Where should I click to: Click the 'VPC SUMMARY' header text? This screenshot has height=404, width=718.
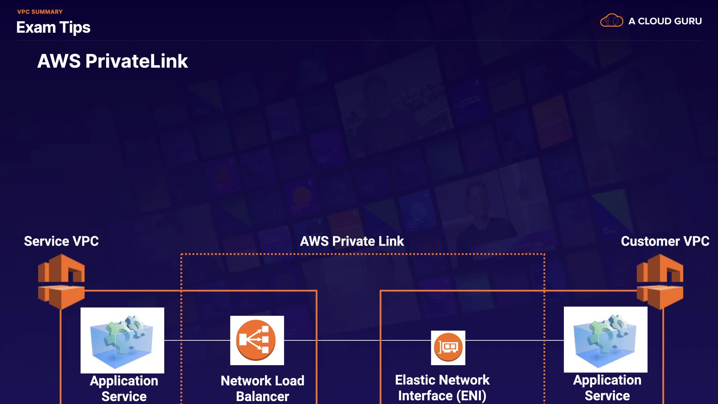40,12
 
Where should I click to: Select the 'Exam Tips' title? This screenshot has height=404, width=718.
53,27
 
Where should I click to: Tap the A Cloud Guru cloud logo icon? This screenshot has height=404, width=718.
611,21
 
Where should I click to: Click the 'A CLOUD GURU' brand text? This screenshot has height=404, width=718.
665,21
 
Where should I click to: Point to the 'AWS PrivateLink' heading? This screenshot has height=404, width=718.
113,61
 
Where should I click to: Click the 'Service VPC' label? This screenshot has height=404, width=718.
61,241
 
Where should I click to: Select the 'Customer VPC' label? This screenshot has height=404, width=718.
665,241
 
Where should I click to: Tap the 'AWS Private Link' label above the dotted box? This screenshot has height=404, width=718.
352,241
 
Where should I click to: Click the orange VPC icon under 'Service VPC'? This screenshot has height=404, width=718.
61,281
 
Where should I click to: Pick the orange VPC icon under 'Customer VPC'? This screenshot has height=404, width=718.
660,281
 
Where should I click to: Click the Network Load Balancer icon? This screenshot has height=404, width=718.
257,340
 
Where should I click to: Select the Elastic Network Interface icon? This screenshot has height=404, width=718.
448,348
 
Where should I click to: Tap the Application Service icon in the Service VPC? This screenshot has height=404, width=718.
122,340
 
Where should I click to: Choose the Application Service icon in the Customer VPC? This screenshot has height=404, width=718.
605,340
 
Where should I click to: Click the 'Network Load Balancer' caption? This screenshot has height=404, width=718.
263,388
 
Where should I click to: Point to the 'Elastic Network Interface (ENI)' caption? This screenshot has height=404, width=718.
442,388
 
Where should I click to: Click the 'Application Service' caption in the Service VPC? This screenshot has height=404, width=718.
124,388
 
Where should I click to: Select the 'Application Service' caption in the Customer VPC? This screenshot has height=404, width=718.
607,388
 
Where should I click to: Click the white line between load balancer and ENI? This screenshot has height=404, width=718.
357,340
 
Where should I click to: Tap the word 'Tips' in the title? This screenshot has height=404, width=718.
75,27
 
